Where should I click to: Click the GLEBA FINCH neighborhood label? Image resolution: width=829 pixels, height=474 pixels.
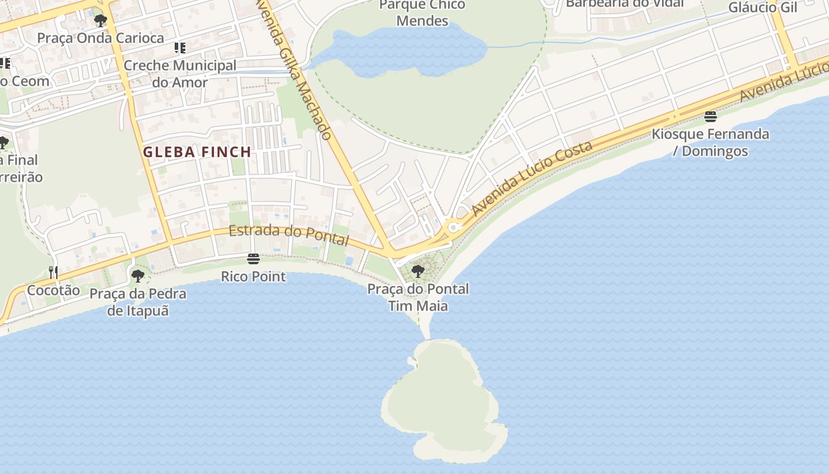(x=197, y=152)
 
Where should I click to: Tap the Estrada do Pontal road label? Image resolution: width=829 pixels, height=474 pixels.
(x=289, y=235)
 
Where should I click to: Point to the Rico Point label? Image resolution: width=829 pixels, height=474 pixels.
(x=253, y=277)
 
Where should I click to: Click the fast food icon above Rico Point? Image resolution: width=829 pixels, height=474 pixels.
(x=253, y=259)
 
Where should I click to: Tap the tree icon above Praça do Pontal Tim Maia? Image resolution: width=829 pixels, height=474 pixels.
(x=418, y=271)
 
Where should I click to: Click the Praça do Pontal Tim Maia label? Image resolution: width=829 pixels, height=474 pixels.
(x=418, y=297)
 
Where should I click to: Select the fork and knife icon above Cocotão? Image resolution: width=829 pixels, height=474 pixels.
(x=53, y=273)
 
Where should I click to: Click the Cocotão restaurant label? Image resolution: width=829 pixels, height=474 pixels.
(x=53, y=290)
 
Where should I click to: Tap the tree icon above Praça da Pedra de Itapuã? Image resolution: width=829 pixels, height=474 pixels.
(x=137, y=276)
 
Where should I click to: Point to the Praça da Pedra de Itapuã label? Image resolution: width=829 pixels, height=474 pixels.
(x=138, y=302)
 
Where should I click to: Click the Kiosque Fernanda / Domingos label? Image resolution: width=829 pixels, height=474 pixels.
(x=711, y=142)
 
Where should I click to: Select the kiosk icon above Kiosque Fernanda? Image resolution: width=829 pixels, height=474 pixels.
(x=711, y=116)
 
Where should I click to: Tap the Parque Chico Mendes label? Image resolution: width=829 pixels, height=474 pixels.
(x=422, y=13)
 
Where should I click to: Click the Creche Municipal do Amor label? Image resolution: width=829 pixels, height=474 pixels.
(x=180, y=74)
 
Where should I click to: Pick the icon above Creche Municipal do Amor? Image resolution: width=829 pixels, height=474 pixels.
(x=179, y=47)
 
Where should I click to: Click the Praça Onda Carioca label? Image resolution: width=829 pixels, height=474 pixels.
(x=101, y=38)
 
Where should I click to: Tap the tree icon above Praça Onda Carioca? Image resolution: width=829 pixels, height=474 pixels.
(x=100, y=21)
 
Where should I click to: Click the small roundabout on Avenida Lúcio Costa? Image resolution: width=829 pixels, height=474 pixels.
(x=454, y=226)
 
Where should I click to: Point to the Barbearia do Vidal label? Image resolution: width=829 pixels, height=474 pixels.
(x=625, y=4)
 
